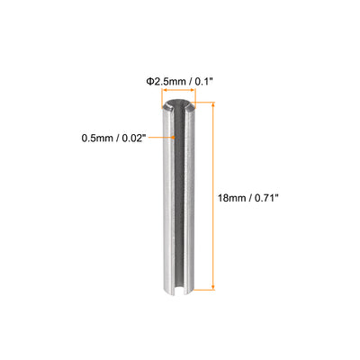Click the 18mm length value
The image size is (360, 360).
tap(234, 193)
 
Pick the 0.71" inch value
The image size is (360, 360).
tap(265, 193)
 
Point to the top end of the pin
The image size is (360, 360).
tap(180, 106)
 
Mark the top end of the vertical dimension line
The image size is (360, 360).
tap(214, 103)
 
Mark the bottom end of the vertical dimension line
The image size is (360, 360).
tap(214, 290)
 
